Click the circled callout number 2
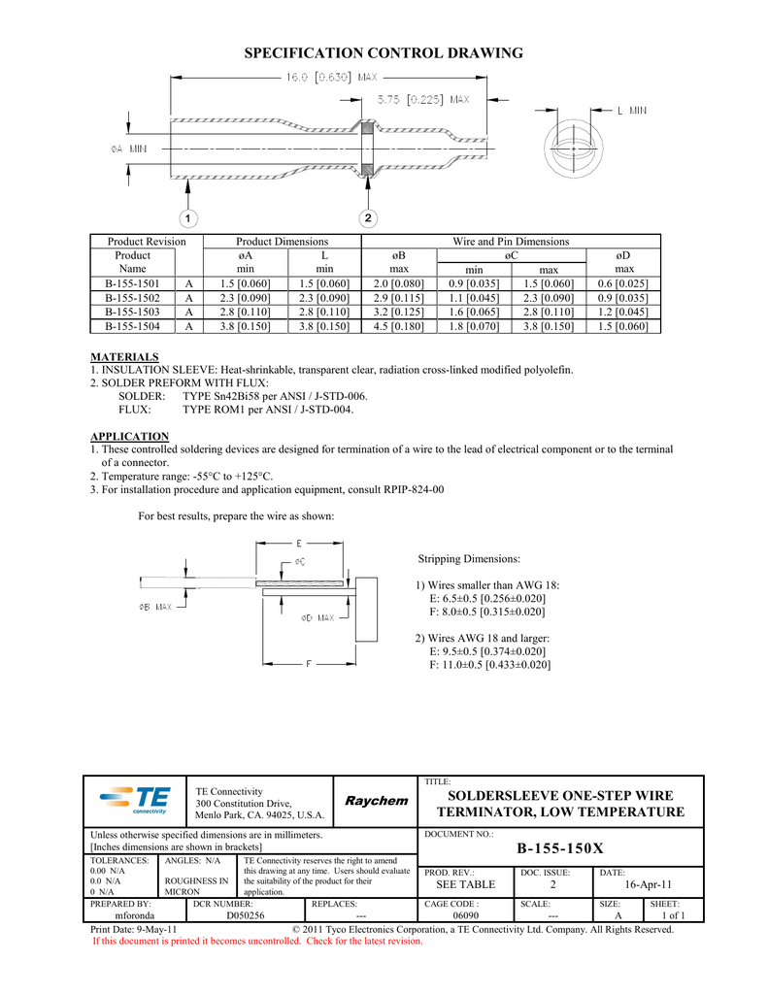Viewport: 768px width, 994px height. [x=368, y=216]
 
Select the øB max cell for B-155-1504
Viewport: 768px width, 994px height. [x=398, y=327]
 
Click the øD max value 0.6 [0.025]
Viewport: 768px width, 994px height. [x=623, y=283]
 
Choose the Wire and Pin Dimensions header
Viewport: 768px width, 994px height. [x=511, y=241]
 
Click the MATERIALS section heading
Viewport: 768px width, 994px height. [x=124, y=357]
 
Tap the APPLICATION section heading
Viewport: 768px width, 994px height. [x=129, y=436]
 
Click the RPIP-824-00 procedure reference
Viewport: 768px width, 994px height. [x=414, y=489]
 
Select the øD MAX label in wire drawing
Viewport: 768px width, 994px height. [x=317, y=617]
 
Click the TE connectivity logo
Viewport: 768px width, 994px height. [x=136, y=801]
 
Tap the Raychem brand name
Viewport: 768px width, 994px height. [x=377, y=801]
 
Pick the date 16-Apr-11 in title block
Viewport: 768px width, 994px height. [x=649, y=884]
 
